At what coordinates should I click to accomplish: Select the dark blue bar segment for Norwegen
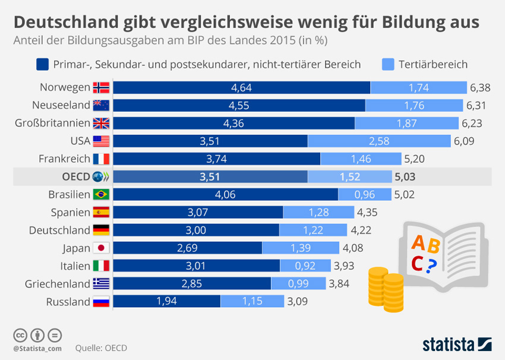(x=241, y=88)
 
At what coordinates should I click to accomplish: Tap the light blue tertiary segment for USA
(x=379, y=141)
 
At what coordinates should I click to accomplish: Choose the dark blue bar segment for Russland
(x=166, y=302)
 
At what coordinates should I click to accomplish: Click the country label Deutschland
(x=59, y=230)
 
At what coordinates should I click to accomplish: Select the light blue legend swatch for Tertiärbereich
(x=388, y=64)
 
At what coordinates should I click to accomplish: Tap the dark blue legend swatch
(x=42, y=64)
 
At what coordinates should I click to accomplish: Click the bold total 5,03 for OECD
(x=405, y=177)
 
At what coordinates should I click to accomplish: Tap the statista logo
(x=456, y=344)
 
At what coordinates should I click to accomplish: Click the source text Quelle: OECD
(x=101, y=348)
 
